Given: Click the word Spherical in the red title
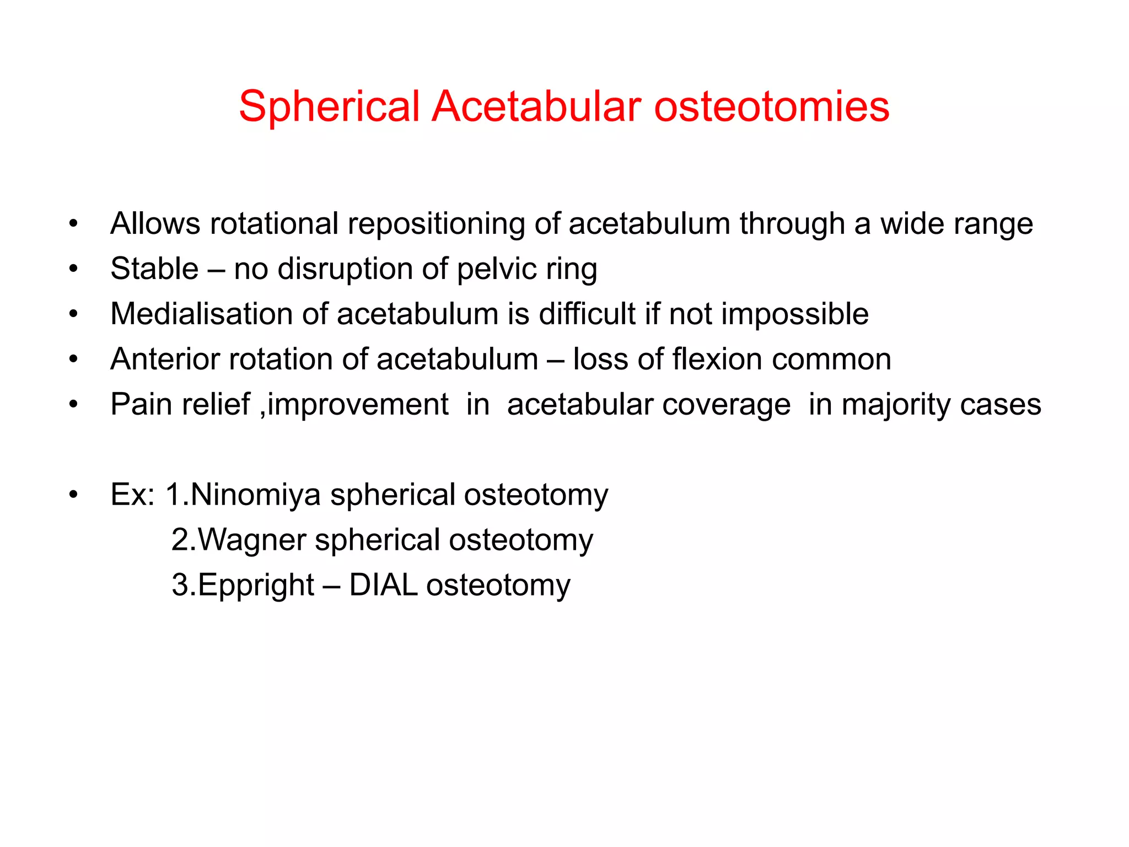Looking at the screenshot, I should click(329, 106).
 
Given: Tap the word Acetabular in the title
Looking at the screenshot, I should click(536, 106).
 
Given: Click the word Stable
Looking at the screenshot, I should click(154, 269).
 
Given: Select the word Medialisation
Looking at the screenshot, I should click(201, 314).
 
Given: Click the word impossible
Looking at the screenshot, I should click(794, 314).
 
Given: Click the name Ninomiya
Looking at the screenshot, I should click(255, 495).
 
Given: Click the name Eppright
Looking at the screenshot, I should click(256, 586).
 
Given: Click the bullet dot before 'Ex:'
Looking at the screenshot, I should click(73, 495).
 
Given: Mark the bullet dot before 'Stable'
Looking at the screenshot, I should click(73, 269).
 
